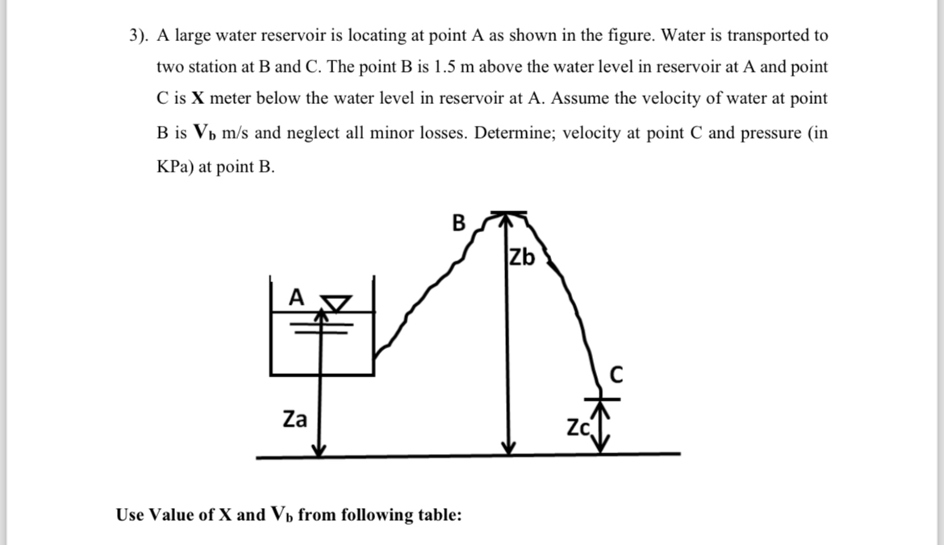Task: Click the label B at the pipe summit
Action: click(x=458, y=222)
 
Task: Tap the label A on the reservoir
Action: click(x=296, y=297)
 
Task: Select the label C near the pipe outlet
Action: click(x=616, y=374)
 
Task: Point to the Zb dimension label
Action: click(x=522, y=258)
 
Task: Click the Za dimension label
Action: click(x=294, y=419)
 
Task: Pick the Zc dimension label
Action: click(x=579, y=427)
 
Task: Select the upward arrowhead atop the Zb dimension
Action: click(x=507, y=218)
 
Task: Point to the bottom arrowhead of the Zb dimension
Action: click(x=507, y=448)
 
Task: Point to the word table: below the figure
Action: click(x=436, y=514)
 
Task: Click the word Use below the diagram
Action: click(x=132, y=514)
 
